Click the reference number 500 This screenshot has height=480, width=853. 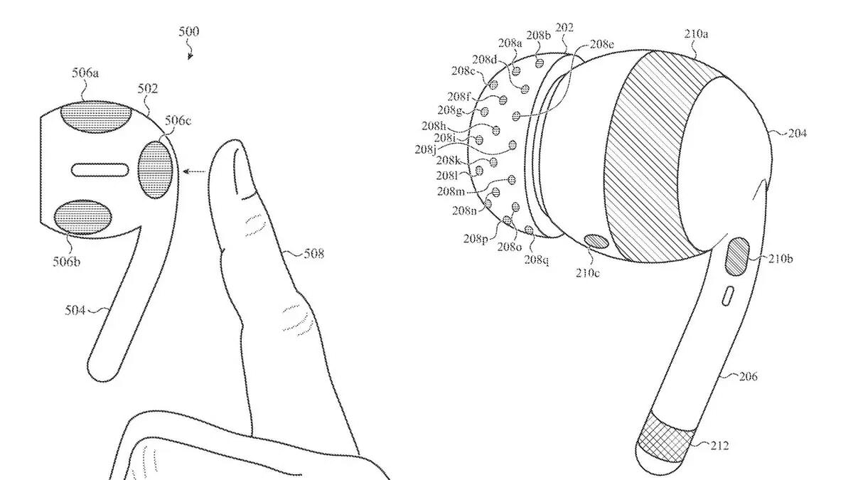coord(189,31)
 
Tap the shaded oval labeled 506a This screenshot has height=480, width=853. coord(96,117)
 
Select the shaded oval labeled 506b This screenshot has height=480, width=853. coord(83,217)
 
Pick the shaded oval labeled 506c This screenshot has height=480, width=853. coord(156,169)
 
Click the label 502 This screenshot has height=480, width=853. coord(147,89)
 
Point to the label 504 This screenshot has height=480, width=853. coord(75,311)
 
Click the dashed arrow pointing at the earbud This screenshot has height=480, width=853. coord(195,171)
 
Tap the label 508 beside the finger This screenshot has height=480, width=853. coord(313,253)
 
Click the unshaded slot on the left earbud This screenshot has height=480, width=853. coord(100,170)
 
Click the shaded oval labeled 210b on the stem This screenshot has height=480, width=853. coord(737,257)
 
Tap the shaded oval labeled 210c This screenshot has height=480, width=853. coord(596,242)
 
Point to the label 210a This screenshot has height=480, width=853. coord(696,34)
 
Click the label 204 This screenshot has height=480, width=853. coord(797,134)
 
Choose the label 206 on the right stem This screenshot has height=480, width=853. coord(749,376)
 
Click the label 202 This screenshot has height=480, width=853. coord(564,28)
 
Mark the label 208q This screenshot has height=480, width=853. coord(537,260)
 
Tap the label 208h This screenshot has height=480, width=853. coord(434,125)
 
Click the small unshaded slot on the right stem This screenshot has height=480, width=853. coord(727,296)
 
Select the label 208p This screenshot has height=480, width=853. coord(476,239)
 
